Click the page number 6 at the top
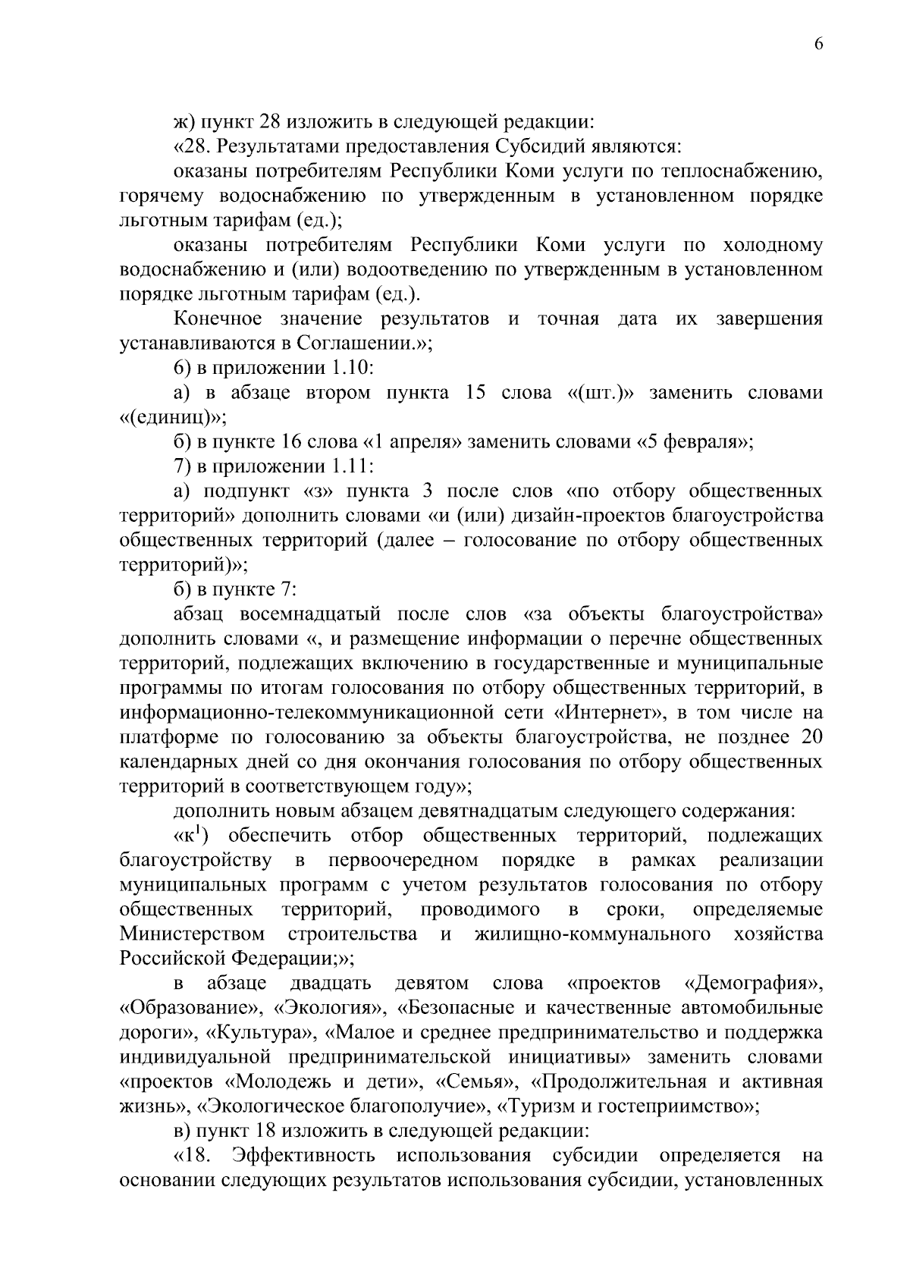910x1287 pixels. click(818, 44)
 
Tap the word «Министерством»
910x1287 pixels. click(192, 934)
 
